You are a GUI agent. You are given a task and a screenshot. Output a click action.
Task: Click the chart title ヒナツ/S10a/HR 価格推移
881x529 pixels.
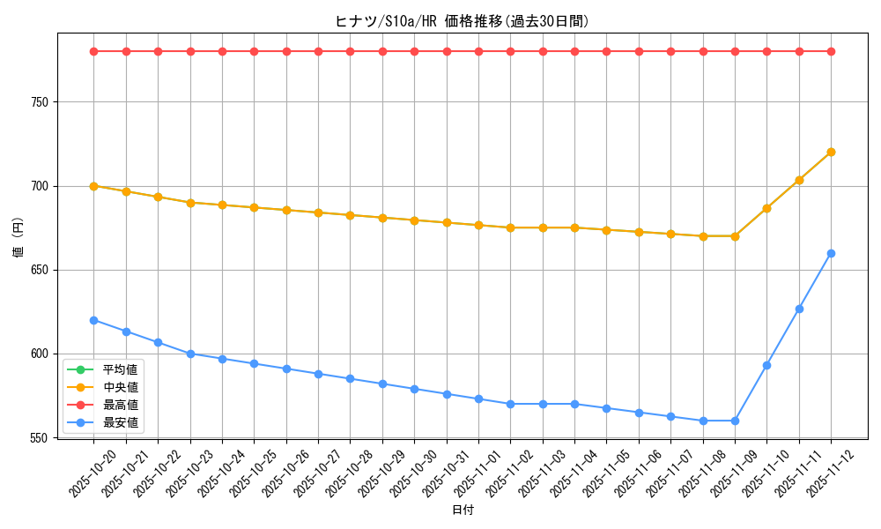[462, 21]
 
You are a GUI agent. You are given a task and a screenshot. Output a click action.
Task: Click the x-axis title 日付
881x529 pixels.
[462, 510]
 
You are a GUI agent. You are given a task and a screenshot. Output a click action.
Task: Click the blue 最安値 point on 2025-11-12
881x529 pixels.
[831, 253]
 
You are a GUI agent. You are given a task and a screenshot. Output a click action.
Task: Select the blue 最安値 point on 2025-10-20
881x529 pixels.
[93, 320]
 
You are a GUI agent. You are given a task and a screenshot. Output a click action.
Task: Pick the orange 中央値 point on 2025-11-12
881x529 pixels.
[831, 152]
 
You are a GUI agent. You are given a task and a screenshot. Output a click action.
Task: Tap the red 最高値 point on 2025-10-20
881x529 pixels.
[93, 51]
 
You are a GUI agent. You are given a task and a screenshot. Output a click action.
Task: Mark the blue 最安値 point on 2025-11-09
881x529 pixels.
[735, 421]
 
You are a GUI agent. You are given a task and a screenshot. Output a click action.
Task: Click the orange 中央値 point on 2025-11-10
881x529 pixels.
[766, 208]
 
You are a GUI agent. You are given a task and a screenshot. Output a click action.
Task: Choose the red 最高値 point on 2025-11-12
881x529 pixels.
[831, 51]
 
